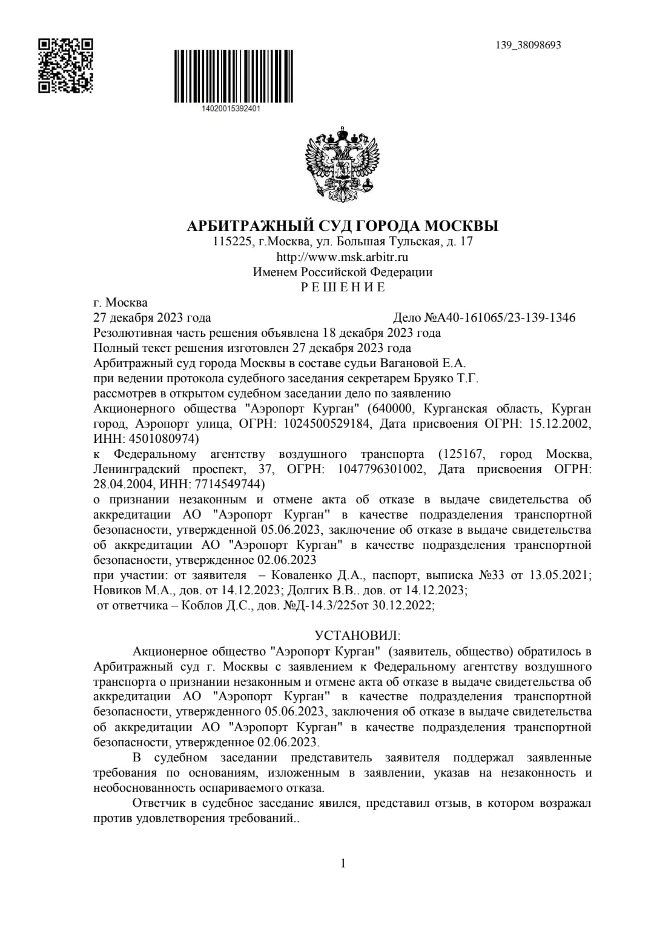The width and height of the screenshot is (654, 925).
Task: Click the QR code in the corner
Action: point(66,65)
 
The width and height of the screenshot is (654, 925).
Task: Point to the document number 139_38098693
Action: point(528,45)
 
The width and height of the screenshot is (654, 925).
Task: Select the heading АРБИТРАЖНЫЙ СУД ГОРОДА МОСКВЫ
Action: point(343,226)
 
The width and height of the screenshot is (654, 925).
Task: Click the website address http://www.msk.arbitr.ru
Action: point(342,257)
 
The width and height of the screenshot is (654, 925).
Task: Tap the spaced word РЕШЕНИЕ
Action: point(343,287)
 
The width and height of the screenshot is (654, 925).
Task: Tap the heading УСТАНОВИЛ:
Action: point(357,635)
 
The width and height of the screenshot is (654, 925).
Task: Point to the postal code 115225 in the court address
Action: point(233,242)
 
